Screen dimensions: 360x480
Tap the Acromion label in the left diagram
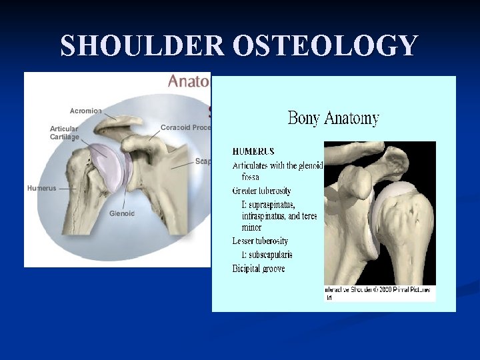(x=86, y=111)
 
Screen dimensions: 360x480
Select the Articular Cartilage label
(x=64, y=133)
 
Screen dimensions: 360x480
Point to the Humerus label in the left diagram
(x=42, y=188)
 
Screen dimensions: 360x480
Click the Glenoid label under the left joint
(x=122, y=213)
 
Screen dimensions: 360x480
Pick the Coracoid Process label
(x=185, y=127)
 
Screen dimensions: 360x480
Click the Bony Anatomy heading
(x=333, y=119)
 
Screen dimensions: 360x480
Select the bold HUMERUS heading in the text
(x=253, y=152)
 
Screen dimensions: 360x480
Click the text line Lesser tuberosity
(x=260, y=241)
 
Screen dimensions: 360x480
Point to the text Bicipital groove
(x=259, y=269)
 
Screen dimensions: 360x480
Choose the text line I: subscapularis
(x=267, y=255)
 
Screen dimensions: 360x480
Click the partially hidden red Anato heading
(x=189, y=81)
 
